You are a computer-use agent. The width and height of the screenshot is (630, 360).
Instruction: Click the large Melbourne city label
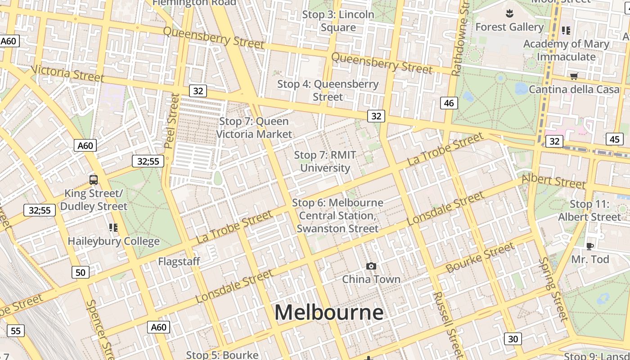click(x=329, y=312)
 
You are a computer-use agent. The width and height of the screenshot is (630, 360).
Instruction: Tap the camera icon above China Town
click(x=371, y=266)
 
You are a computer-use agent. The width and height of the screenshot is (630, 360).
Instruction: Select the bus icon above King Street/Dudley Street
click(x=94, y=180)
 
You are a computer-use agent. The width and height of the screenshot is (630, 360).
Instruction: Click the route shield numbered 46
click(x=449, y=103)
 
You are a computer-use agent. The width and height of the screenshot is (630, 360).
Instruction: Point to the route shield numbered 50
click(x=81, y=272)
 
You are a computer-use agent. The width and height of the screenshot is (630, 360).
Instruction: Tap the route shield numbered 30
click(x=513, y=339)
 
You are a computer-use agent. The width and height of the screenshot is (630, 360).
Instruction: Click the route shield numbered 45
click(x=615, y=139)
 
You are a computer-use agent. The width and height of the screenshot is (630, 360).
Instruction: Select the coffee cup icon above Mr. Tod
click(x=589, y=246)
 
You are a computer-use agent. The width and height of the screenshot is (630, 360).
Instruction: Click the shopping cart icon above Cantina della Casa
click(x=574, y=76)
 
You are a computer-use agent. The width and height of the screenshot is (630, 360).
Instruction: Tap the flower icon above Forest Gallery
click(x=509, y=13)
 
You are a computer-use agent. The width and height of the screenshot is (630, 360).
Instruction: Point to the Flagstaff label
click(x=179, y=261)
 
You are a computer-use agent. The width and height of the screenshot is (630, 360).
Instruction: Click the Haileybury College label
click(x=113, y=241)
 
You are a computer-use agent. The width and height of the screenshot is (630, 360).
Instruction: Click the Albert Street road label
click(x=553, y=181)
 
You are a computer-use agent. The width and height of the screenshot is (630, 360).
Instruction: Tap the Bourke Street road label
click(x=480, y=258)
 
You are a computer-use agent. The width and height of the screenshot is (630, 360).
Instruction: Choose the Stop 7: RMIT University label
click(x=325, y=162)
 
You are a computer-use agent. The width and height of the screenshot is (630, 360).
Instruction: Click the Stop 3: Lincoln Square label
click(x=338, y=21)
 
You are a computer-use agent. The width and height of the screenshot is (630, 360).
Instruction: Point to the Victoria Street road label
click(x=67, y=73)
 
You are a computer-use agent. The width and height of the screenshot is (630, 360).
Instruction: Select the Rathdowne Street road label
click(x=460, y=40)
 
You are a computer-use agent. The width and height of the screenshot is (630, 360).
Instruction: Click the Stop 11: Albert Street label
click(x=589, y=211)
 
